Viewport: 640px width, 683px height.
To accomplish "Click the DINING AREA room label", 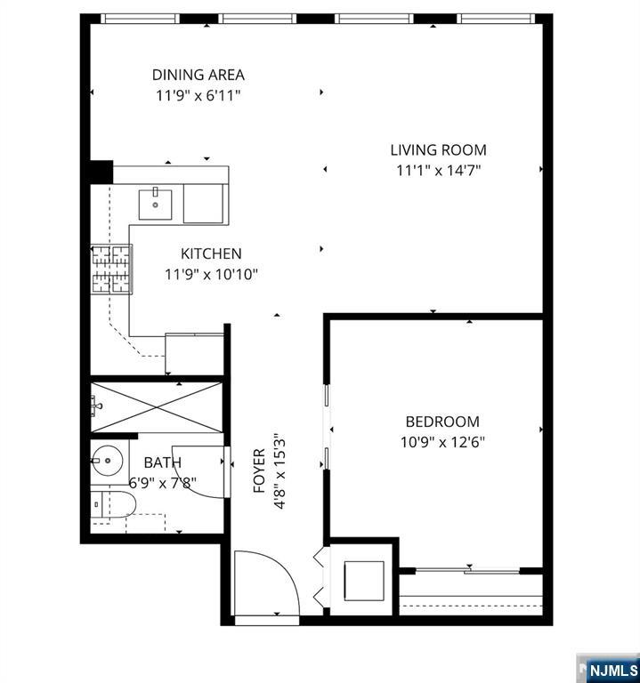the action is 198,75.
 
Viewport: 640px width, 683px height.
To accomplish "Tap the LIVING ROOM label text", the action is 438,150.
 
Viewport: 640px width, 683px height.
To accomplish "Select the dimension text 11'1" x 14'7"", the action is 438,171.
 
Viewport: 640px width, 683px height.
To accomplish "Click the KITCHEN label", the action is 211,253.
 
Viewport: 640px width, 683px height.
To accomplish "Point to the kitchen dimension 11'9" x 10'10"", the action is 211,275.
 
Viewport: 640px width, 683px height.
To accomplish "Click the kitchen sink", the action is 155,205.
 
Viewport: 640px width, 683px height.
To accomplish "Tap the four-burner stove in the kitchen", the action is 111,269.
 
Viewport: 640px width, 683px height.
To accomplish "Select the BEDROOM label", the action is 442,422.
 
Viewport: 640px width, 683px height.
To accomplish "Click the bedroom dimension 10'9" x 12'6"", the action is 442,442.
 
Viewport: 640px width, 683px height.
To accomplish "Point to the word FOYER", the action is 259,470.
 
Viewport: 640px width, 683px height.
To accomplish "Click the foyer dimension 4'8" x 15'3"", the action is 279,470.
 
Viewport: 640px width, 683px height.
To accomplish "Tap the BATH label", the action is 163,462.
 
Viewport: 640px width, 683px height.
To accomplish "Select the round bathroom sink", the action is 107,461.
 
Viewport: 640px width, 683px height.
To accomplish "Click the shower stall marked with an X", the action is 156,407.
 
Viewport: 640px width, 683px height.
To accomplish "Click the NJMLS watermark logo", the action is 608,669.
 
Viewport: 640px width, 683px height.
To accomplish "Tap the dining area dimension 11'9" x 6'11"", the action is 198,95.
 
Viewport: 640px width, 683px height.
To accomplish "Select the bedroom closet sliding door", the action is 468,570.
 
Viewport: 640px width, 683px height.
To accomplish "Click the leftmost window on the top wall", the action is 140,19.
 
